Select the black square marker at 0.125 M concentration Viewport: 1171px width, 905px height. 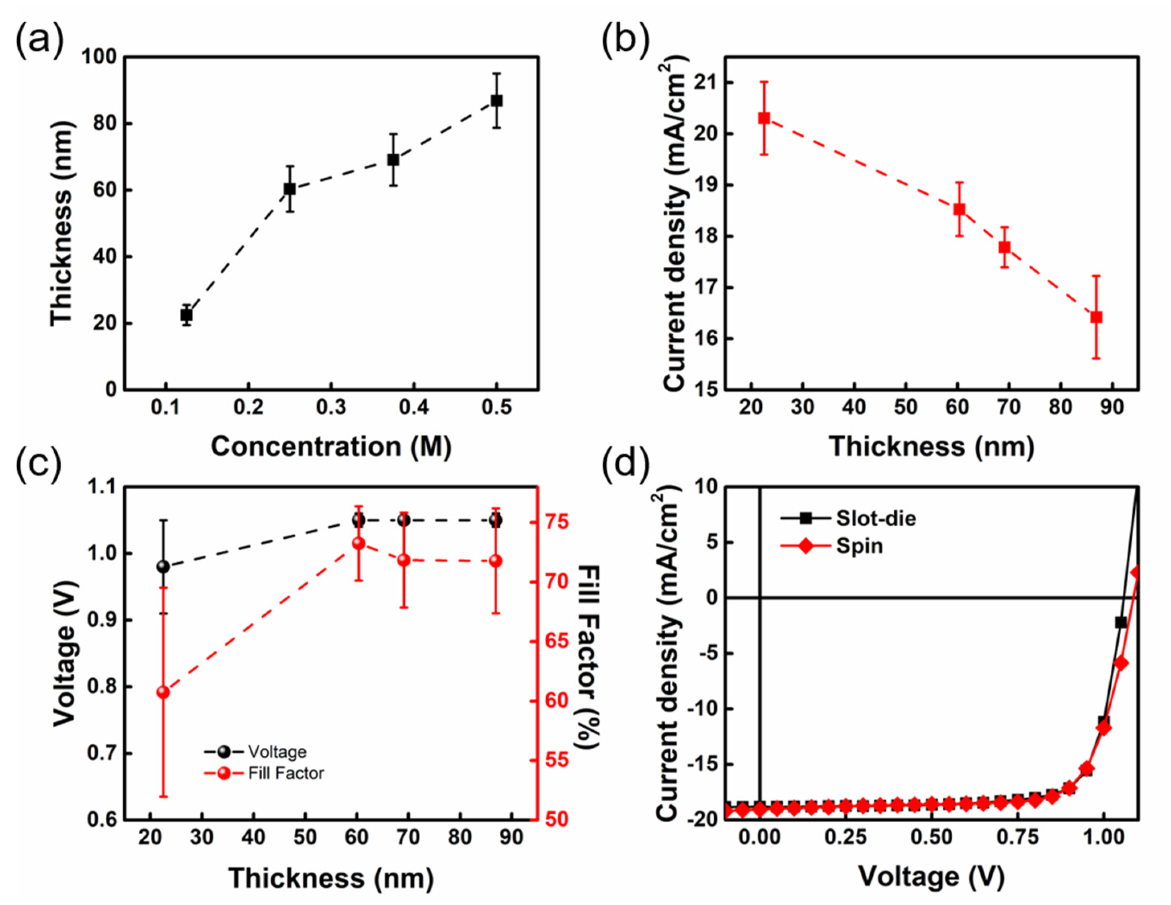tap(186, 315)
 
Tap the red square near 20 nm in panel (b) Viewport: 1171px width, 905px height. tap(764, 118)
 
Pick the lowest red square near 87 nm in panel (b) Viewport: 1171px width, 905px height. tap(1097, 317)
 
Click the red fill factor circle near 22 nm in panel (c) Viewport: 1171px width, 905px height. tap(163, 692)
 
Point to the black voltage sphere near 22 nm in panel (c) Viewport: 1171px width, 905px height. tap(163, 567)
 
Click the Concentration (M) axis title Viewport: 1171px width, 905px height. tap(331, 447)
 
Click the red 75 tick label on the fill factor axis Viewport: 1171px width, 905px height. tap(557, 522)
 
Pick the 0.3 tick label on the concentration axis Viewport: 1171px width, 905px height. tap(331, 407)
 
